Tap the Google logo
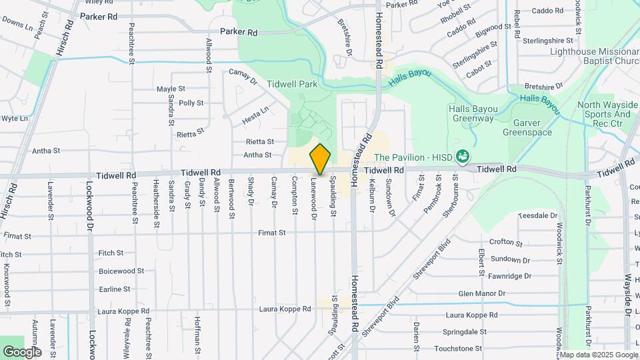pyautogui.click(x=22, y=351)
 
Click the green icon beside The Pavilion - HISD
pyautogui.click(x=463, y=157)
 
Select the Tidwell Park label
pyautogui.click(x=292, y=84)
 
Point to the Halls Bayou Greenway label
pyautogui.click(x=471, y=113)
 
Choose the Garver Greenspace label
pyautogui.click(x=532, y=127)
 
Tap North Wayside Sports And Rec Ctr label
pyautogui.click(x=603, y=114)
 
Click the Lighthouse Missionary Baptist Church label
pyautogui.click(x=593, y=56)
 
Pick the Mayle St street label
pyautogui.click(x=171, y=89)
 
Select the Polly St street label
pyautogui.click(x=191, y=103)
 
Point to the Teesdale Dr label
pyautogui.click(x=537, y=215)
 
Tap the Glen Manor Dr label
pyautogui.click(x=482, y=293)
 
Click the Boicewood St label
pyautogui.click(x=121, y=271)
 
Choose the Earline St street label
pyautogui.click(x=114, y=289)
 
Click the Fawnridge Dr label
pyautogui.click(x=509, y=275)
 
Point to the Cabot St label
pyautogui.click(x=479, y=67)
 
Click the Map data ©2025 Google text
pyautogui.click(x=599, y=355)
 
